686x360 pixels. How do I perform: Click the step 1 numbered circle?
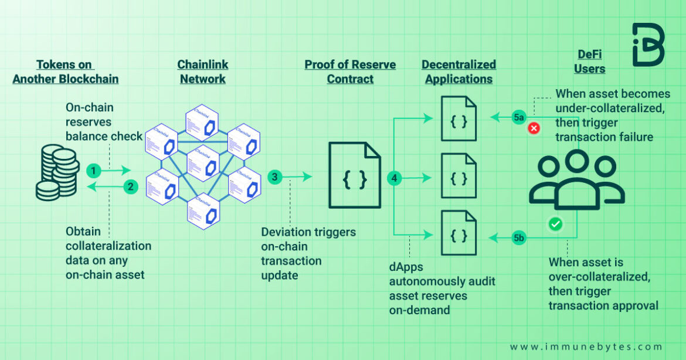[x=93, y=171]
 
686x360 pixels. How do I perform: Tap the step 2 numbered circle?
[x=131, y=187]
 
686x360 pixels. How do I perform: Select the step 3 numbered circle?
[x=274, y=176]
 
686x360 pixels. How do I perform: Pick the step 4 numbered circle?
[x=395, y=178]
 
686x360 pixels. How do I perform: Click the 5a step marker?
[x=518, y=117]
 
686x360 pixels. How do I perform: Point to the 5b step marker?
[x=518, y=237]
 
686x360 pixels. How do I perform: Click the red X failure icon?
[x=534, y=128]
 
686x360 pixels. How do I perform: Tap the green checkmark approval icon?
[x=555, y=224]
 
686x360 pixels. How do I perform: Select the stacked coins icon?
[x=57, y=174]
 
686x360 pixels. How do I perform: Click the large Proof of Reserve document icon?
[x=354, y=176]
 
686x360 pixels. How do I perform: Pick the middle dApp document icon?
[x=458, y=176]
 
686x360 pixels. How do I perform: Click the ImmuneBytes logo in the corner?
[x=648, y=45]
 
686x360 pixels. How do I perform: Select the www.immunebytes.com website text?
[x=586, y=347]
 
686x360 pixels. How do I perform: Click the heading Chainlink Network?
[x=203, y=72]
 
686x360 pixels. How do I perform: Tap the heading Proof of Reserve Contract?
[x=350, y=72]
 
